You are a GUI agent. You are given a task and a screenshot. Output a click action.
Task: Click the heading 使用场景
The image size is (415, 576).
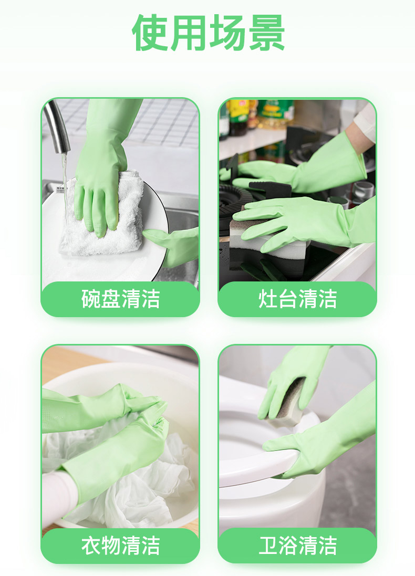(x=209, y=33)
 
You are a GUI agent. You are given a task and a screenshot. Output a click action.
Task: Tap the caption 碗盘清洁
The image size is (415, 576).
(x=121, y=299)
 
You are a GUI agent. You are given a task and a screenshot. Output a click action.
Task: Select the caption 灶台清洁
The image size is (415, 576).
(x=297, y=299)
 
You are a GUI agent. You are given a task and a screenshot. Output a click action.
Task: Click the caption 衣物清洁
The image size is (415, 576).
(x=121, y=546)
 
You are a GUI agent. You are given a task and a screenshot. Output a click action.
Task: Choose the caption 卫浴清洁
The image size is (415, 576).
(x=297, y=546)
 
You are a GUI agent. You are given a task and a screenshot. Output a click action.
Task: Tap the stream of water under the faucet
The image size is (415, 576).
(x=65, y=184)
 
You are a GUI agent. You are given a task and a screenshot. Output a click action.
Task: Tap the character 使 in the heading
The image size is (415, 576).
(x=150, y=33)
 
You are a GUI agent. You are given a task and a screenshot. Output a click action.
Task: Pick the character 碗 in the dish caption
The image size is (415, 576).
(x=91, y=299)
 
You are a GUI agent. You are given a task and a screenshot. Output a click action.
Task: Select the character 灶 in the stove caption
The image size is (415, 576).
(x=268, y=299)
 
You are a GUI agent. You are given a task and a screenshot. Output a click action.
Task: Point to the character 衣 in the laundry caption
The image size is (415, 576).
(x=91, y=546)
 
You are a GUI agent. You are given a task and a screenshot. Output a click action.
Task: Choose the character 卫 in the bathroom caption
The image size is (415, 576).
(x=268, y=546)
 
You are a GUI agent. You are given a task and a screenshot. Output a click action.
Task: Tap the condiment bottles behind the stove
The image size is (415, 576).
(x=257, y=116)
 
